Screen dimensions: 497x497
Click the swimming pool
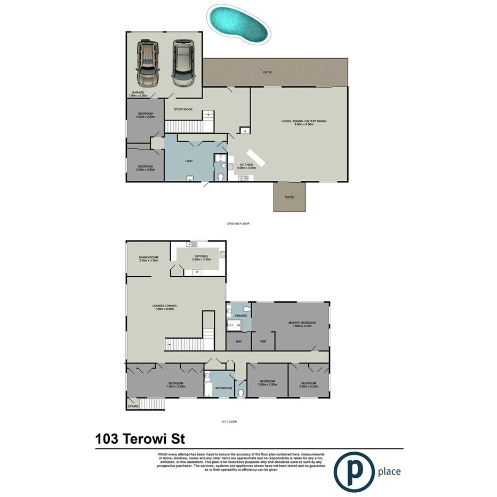(238, 25)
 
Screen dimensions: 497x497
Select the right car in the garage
(182, 62)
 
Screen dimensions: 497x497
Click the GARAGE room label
(139, 93)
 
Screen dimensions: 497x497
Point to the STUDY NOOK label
(183, 109)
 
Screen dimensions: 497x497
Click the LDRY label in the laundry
(188, 161)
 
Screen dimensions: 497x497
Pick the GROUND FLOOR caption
(238, 224)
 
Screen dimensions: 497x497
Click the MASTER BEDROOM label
(302, 324)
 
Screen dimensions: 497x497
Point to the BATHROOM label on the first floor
(224, 388)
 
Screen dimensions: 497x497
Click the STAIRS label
(133, 407)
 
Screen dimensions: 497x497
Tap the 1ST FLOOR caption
(228, 422)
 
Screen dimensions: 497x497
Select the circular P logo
(353, 470)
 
